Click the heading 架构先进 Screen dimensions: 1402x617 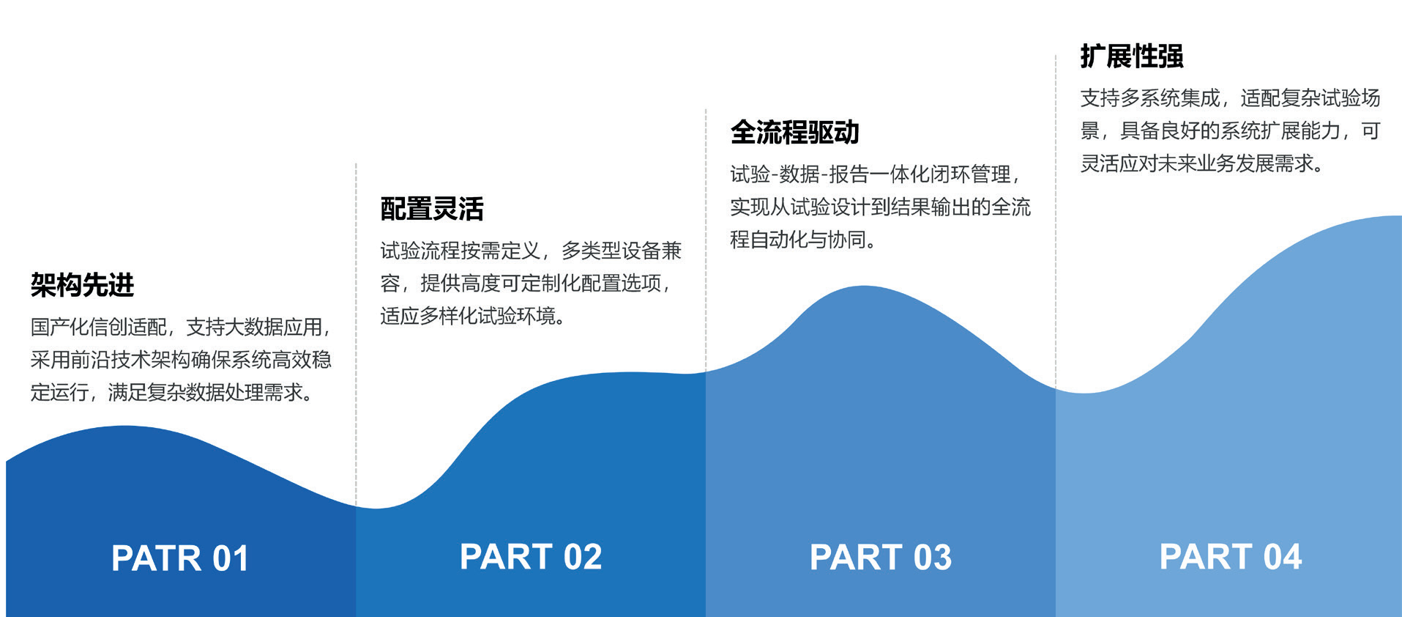82,284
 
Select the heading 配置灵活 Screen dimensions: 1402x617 432,209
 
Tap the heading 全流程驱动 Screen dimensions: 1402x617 794,133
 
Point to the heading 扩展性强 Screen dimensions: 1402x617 1132,56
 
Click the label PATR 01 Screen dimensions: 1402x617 180,558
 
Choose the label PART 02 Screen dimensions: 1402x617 531,557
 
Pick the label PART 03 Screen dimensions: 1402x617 881,557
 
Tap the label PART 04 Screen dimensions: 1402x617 1231,557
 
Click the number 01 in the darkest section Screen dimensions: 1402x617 231,558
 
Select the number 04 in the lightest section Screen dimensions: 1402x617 1283,557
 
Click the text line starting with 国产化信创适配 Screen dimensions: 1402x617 181,327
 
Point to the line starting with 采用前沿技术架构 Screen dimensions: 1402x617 181,360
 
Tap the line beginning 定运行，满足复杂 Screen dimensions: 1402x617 173,393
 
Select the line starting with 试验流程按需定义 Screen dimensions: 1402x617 531,251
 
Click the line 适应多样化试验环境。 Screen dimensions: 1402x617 473,316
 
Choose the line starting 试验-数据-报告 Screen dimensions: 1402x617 876,174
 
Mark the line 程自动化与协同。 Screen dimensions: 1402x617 803,240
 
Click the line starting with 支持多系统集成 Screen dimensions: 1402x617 1231,98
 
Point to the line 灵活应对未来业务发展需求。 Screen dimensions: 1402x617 1203,163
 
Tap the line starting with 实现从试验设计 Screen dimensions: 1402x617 881,207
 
